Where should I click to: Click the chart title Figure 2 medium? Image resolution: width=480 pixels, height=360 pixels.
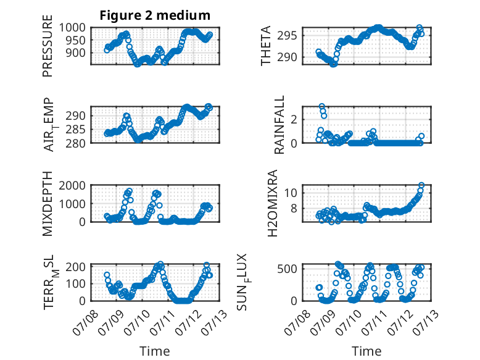pyautogui.click(x=155, y=15)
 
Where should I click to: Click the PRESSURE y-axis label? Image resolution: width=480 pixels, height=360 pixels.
pyautogui.click(x=48, y=46)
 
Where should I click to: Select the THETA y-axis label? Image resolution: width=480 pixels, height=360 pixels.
pyautogui.click(x=266, y=46)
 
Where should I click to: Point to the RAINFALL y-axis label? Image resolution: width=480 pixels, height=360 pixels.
pyautogui.click(x=279, y=124)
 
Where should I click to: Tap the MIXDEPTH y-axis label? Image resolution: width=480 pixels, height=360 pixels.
pyautogui.click(x=48, y=203)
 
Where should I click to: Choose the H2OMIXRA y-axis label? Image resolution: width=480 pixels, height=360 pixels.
pyautogui.click(x=272, y=203)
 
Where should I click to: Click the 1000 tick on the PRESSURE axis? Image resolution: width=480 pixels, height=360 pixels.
pyautogui.click(x=72, y=28)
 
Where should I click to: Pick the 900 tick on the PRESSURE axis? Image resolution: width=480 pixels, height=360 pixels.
pyautogui.click(x=76, y=52)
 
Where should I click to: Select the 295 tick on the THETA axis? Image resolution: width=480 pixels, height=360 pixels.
pyautogui.click(x=287, y=36)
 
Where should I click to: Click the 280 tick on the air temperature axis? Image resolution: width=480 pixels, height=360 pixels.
pyautogui.click(x=76, y=143)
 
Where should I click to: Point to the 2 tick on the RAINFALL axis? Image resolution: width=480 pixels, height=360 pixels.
pyautogui.click(x=294, y=119)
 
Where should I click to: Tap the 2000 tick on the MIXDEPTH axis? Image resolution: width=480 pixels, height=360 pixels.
pyautogui.click(x=72, y=185)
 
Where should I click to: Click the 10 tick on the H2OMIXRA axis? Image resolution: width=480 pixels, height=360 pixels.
pyautogui.click(x=291, y=193)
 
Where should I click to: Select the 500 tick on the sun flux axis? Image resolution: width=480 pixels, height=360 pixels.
pyautogui.click(x=287, y=269)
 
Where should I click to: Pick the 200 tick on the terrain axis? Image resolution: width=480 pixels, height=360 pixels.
pyautogui.click(x=76, y=267)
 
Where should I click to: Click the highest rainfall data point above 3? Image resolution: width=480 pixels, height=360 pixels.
pyautogui.click(x=321, y=106)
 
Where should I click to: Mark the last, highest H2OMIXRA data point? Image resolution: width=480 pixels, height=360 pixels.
pyautogui.click(x=421, y=185)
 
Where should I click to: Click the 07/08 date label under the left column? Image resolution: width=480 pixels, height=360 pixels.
pyautogui.click(x=85, y=322)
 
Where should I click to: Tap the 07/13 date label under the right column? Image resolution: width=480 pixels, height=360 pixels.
pyautogui.click(x=426, y=322)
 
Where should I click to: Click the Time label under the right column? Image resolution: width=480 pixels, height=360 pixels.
pyautogui.click(x=366, y=351)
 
